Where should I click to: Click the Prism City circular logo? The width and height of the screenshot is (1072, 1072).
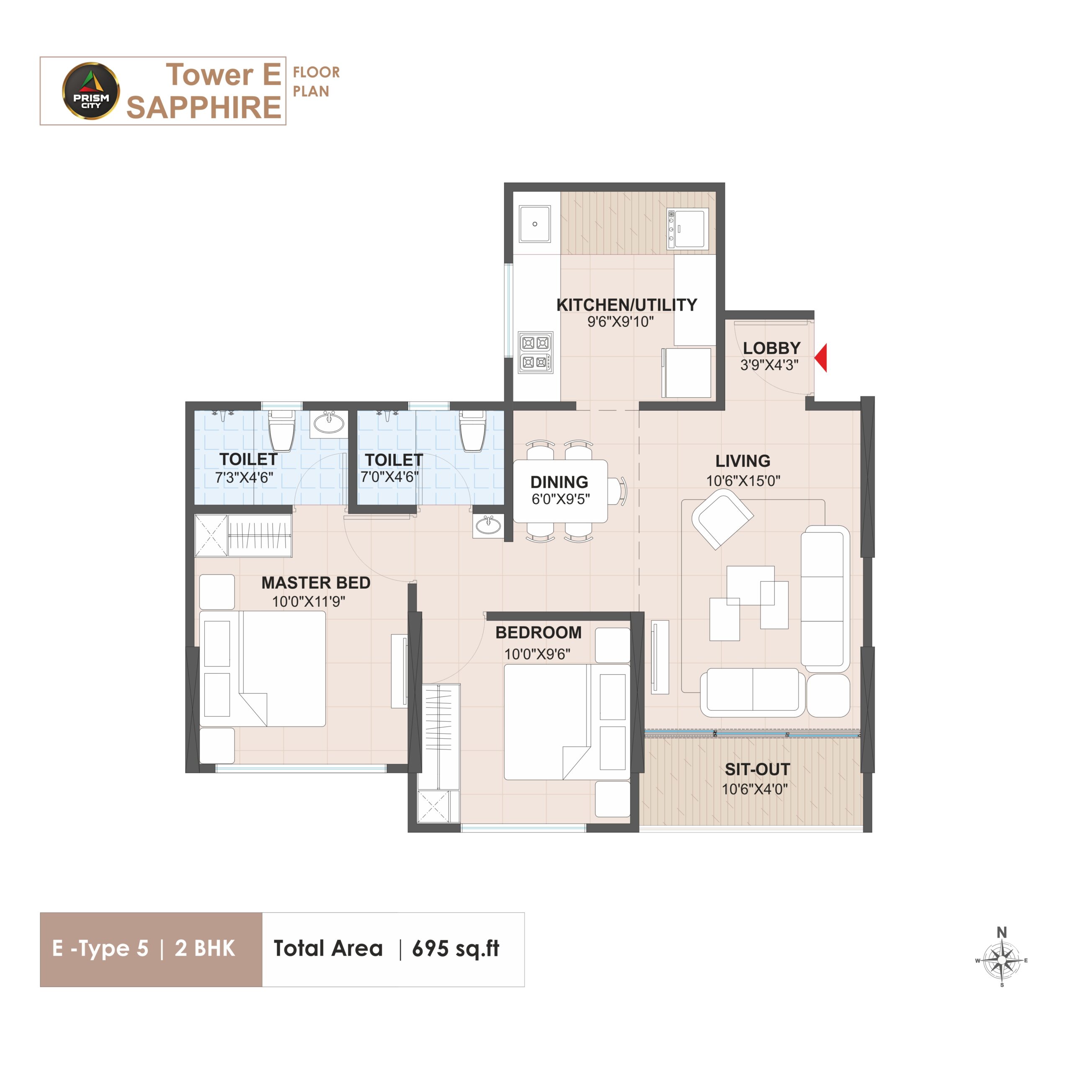coord(90,91)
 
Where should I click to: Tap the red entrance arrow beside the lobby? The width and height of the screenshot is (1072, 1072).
coord(821,357)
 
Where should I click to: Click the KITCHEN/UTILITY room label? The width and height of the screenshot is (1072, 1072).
coord(626,304)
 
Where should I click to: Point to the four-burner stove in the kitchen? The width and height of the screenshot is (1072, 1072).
coord(536,352)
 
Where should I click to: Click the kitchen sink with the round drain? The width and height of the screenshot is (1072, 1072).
coord(535,224)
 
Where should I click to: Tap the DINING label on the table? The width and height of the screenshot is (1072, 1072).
coord(559,482)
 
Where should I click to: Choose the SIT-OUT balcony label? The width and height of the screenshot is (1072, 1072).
coord(758,769)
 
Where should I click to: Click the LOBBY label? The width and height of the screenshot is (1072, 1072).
coord(772,348)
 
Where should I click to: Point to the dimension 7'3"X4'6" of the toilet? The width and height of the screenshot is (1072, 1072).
coord(244,477)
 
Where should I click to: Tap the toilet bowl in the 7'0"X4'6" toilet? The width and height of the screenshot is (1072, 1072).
coord(472,431)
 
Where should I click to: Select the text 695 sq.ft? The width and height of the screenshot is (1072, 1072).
coord(456,948)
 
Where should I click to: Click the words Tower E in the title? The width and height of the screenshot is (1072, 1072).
coord(224,75)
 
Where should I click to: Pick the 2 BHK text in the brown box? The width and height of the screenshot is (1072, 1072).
coord(205,948)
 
